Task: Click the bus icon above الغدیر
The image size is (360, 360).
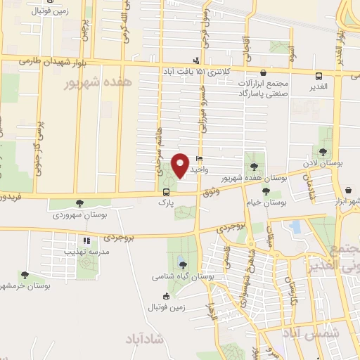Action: [320, 75]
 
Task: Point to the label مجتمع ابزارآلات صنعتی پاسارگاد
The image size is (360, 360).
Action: [264, 89]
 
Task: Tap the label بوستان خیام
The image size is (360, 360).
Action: [269, 202]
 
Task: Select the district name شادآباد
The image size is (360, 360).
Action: [146, 340]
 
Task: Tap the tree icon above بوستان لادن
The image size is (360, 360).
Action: [323, 152]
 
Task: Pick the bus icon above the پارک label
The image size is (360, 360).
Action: [167, 191]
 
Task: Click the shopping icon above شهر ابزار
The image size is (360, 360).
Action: [349, 189]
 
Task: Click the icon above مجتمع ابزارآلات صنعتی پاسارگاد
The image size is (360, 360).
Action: [264, 72]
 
